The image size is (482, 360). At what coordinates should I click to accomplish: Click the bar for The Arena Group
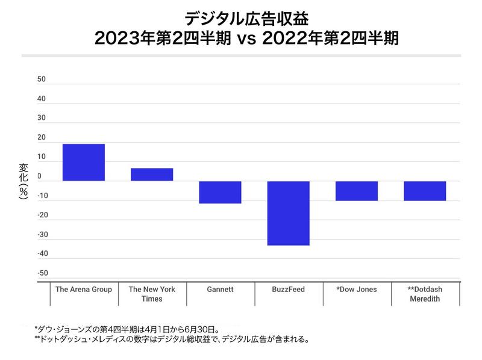coord(84,163)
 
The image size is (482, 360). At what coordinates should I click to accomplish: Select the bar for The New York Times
coord(152,175)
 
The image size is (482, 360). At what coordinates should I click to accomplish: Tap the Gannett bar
coord(220,192)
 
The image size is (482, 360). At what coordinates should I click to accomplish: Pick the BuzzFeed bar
coord(288,213)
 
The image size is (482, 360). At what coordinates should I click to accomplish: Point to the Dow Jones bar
coord(357,191)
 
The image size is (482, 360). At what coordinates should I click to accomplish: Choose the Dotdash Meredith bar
coord(425,191)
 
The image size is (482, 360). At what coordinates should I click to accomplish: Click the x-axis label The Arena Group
coord(84,290)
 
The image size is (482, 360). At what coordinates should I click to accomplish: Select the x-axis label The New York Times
coord(152,294)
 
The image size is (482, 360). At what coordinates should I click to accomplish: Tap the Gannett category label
coord(220,290)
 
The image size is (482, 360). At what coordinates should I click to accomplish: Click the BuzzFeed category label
coord(288,290)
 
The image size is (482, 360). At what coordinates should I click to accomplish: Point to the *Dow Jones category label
coord(357,290)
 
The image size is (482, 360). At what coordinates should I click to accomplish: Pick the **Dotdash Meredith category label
coord(425,294)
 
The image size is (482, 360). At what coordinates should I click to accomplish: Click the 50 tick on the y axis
coord(41,79)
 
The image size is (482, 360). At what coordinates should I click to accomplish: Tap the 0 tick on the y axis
coord(39,176)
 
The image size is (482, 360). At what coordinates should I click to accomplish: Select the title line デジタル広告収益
coord(241,16)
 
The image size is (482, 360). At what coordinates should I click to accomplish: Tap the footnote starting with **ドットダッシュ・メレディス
coord(172,340)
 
